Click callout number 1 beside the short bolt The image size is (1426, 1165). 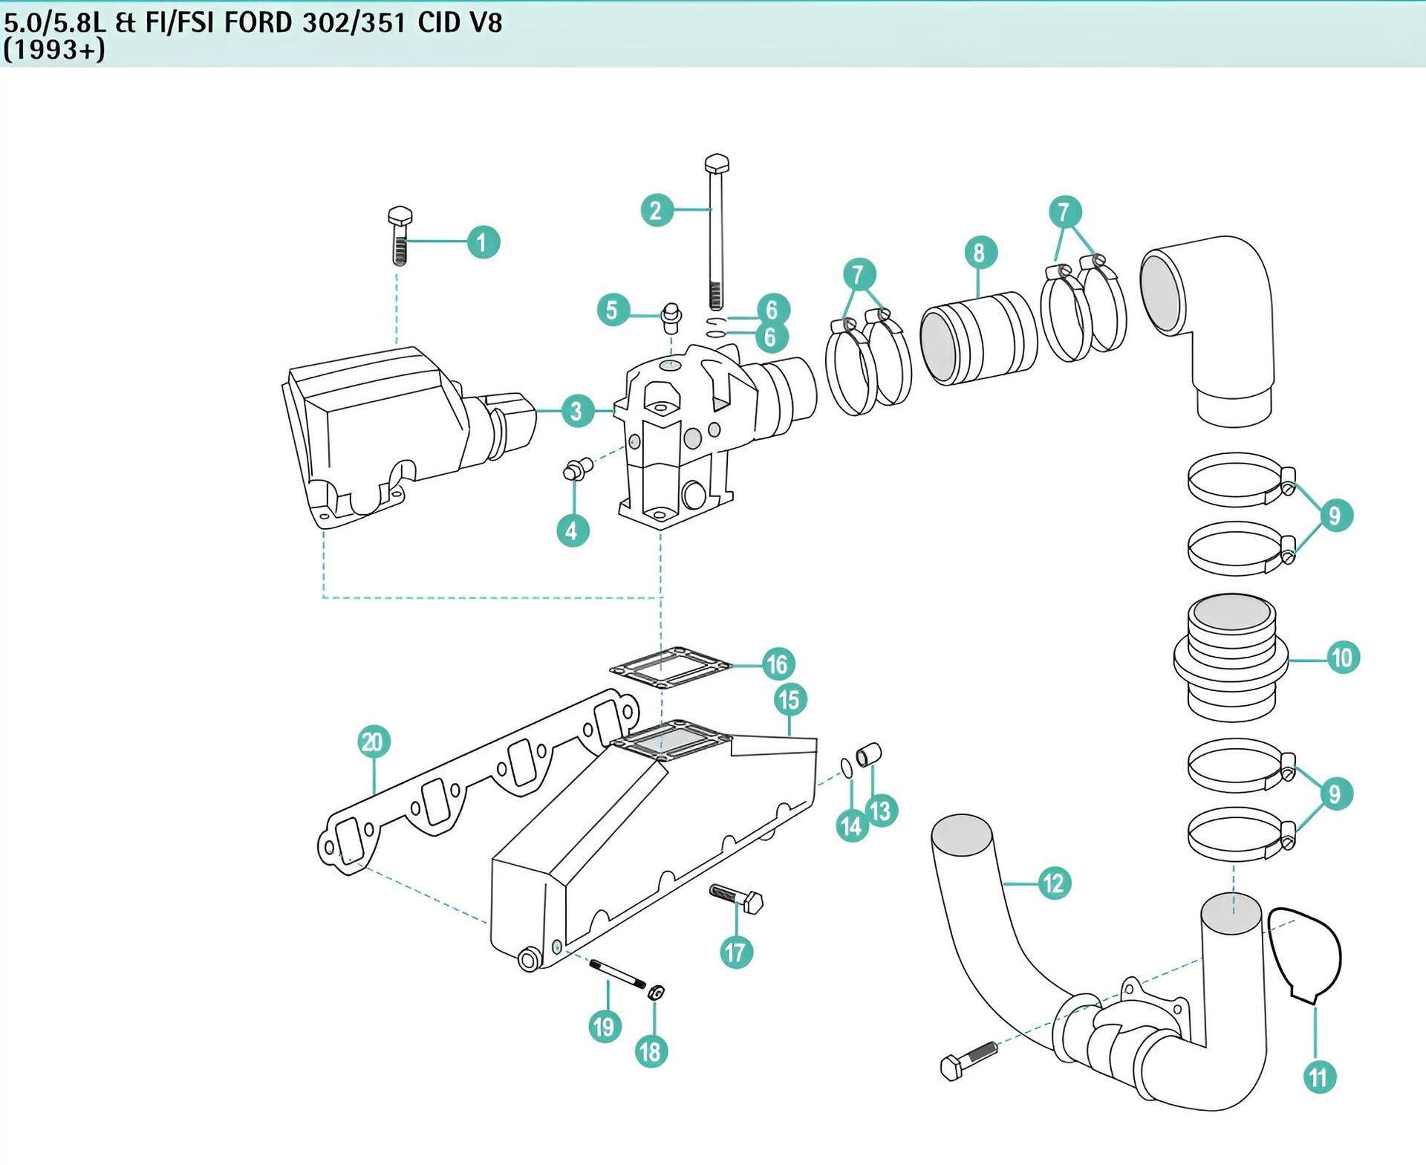point(483,242)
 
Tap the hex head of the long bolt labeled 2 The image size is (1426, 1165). point(716,163)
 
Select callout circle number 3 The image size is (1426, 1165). point(576,411)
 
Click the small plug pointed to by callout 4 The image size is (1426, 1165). point(578,468)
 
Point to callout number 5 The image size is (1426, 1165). point(613,310)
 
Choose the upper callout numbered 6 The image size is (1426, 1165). point(772,309)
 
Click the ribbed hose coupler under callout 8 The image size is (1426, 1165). point(978,339)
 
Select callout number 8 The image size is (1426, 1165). point(980,253)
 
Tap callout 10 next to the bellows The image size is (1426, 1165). point(1342,658)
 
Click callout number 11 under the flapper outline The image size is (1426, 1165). point(1319,1077)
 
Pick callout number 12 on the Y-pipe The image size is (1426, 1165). point(1054,883)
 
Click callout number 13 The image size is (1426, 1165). point(881,811)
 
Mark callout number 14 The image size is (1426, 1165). point(851,826)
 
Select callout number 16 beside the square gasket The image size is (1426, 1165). point(778,664)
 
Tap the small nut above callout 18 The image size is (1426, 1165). point(656,992)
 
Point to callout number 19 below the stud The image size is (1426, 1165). point(605,1027)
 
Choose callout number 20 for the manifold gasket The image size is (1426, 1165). point(373,741)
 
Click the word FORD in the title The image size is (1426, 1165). point(258,22)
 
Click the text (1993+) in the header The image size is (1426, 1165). point(54,50)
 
